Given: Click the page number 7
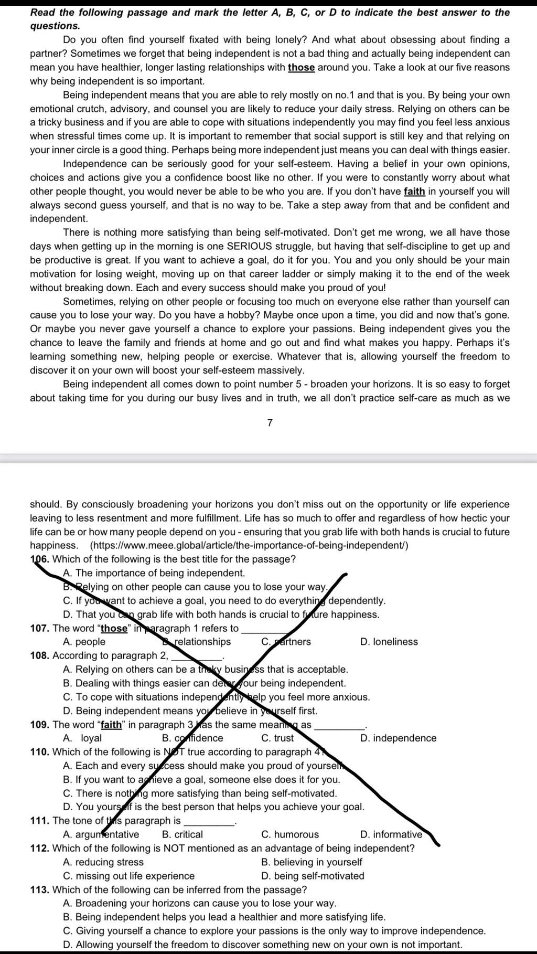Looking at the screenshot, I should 270,423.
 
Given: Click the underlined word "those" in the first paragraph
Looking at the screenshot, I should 301,67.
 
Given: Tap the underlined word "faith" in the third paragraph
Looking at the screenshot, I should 414,192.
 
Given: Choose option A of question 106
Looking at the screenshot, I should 154,573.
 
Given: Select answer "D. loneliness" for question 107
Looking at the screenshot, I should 389,642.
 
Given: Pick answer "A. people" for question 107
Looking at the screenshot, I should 84,642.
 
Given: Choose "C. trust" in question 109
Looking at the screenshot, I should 277,738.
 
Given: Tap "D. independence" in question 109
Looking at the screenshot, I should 398,738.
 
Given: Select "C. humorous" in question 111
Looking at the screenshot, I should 289,834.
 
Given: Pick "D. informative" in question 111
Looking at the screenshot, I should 391,834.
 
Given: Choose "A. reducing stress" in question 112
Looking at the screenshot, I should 103,862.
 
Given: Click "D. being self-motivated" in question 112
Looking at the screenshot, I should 313,876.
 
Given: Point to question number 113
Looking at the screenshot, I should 40,889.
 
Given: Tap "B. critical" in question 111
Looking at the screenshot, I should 182,834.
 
